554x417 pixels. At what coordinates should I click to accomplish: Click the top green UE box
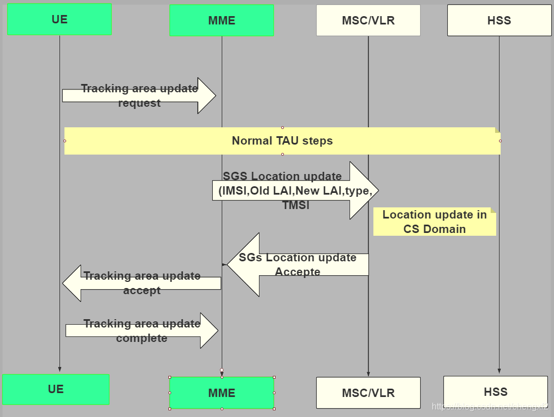pyautogui.click(x=59, y=19)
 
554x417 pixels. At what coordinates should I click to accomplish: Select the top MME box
pyautogui.click(x=222, y=21)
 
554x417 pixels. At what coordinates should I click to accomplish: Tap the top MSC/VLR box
pyautogui.click(x=368, y=21)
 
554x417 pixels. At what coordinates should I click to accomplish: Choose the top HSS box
pyautogui.click(x=499, y=21)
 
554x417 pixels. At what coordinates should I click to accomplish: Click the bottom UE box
pyautogui.click(x=56, y=389)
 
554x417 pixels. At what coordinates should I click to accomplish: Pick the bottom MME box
pyautogui.click(x=222, y=393)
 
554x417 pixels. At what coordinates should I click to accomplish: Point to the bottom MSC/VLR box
pyautogui.click(x=368, y=393)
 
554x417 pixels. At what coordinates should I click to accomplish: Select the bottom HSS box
pyautogui.click(x=495, y=391)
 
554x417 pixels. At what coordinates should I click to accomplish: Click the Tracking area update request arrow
pyautogui.click(x=139, y=96)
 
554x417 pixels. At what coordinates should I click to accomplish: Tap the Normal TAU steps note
pyautogui.click(x=282, y=141)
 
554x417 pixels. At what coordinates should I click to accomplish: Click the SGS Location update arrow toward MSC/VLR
pyautogui.click(x=295, y=191)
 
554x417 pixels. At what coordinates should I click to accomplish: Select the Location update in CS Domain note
pyautogui.click(x=435, y=222)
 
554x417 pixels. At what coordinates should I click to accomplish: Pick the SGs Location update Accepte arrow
pyautogui.click(x=298, y=265)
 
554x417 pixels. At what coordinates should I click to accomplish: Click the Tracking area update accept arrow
pyautogui.click(x=142, y=283)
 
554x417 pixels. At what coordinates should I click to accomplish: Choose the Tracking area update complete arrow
pyautogui.click(x=142, y=331)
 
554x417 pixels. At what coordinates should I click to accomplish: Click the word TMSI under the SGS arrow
pyautogui.click(x=296, y=205)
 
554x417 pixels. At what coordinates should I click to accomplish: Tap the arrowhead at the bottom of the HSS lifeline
pyautogui.click(x=499, y=370)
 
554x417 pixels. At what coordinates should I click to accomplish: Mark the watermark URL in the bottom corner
pyautogui.click(x=490, y=407)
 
